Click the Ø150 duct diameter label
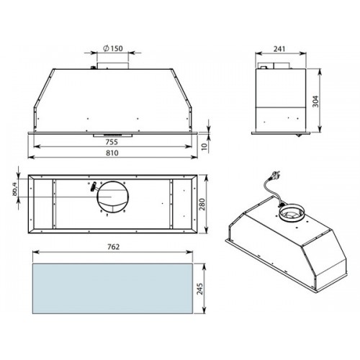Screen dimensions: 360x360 coord(113,48)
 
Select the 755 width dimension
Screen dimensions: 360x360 coord(112,142)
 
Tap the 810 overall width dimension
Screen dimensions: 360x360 coord(112,153)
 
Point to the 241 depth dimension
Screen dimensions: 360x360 coord(279,49)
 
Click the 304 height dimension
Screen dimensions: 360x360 coord(316,102)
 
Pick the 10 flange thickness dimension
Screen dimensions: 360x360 coord(204,146)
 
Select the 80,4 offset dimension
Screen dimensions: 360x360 coord(14,189)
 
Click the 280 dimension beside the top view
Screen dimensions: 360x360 coord(202,204)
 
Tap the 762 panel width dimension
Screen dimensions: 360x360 coord(113,247)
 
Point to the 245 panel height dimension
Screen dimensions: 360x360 coord(199,289)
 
